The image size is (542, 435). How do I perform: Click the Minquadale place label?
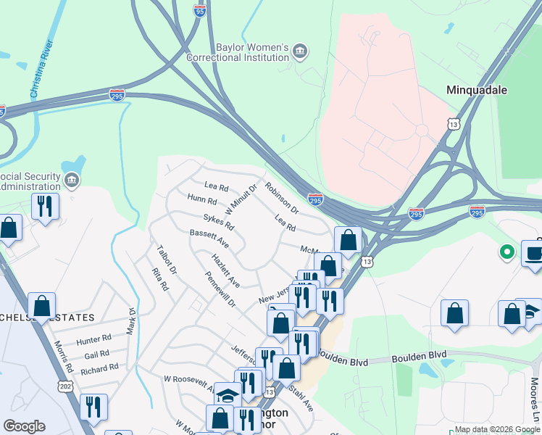pyautogui.click(x=476, y=90)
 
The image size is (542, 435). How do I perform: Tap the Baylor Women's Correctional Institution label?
pyautogui.click(x=238, y=52)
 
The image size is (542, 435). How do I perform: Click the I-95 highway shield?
pyautogui.click(x=201, y=9)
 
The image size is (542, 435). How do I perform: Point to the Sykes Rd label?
pyautogui.click(x=218, y=223)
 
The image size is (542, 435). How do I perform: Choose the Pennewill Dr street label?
pyautogui.click(x=220, y=290)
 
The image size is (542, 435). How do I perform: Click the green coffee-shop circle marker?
pyautogui.click(x=506, y=252)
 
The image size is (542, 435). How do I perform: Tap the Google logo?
pyautogui.click(x=24, y=426)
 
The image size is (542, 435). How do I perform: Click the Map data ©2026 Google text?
pyautogui.click(x=497, y=430)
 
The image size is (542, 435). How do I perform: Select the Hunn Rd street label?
pyautogui.click(x=202, y=199)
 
